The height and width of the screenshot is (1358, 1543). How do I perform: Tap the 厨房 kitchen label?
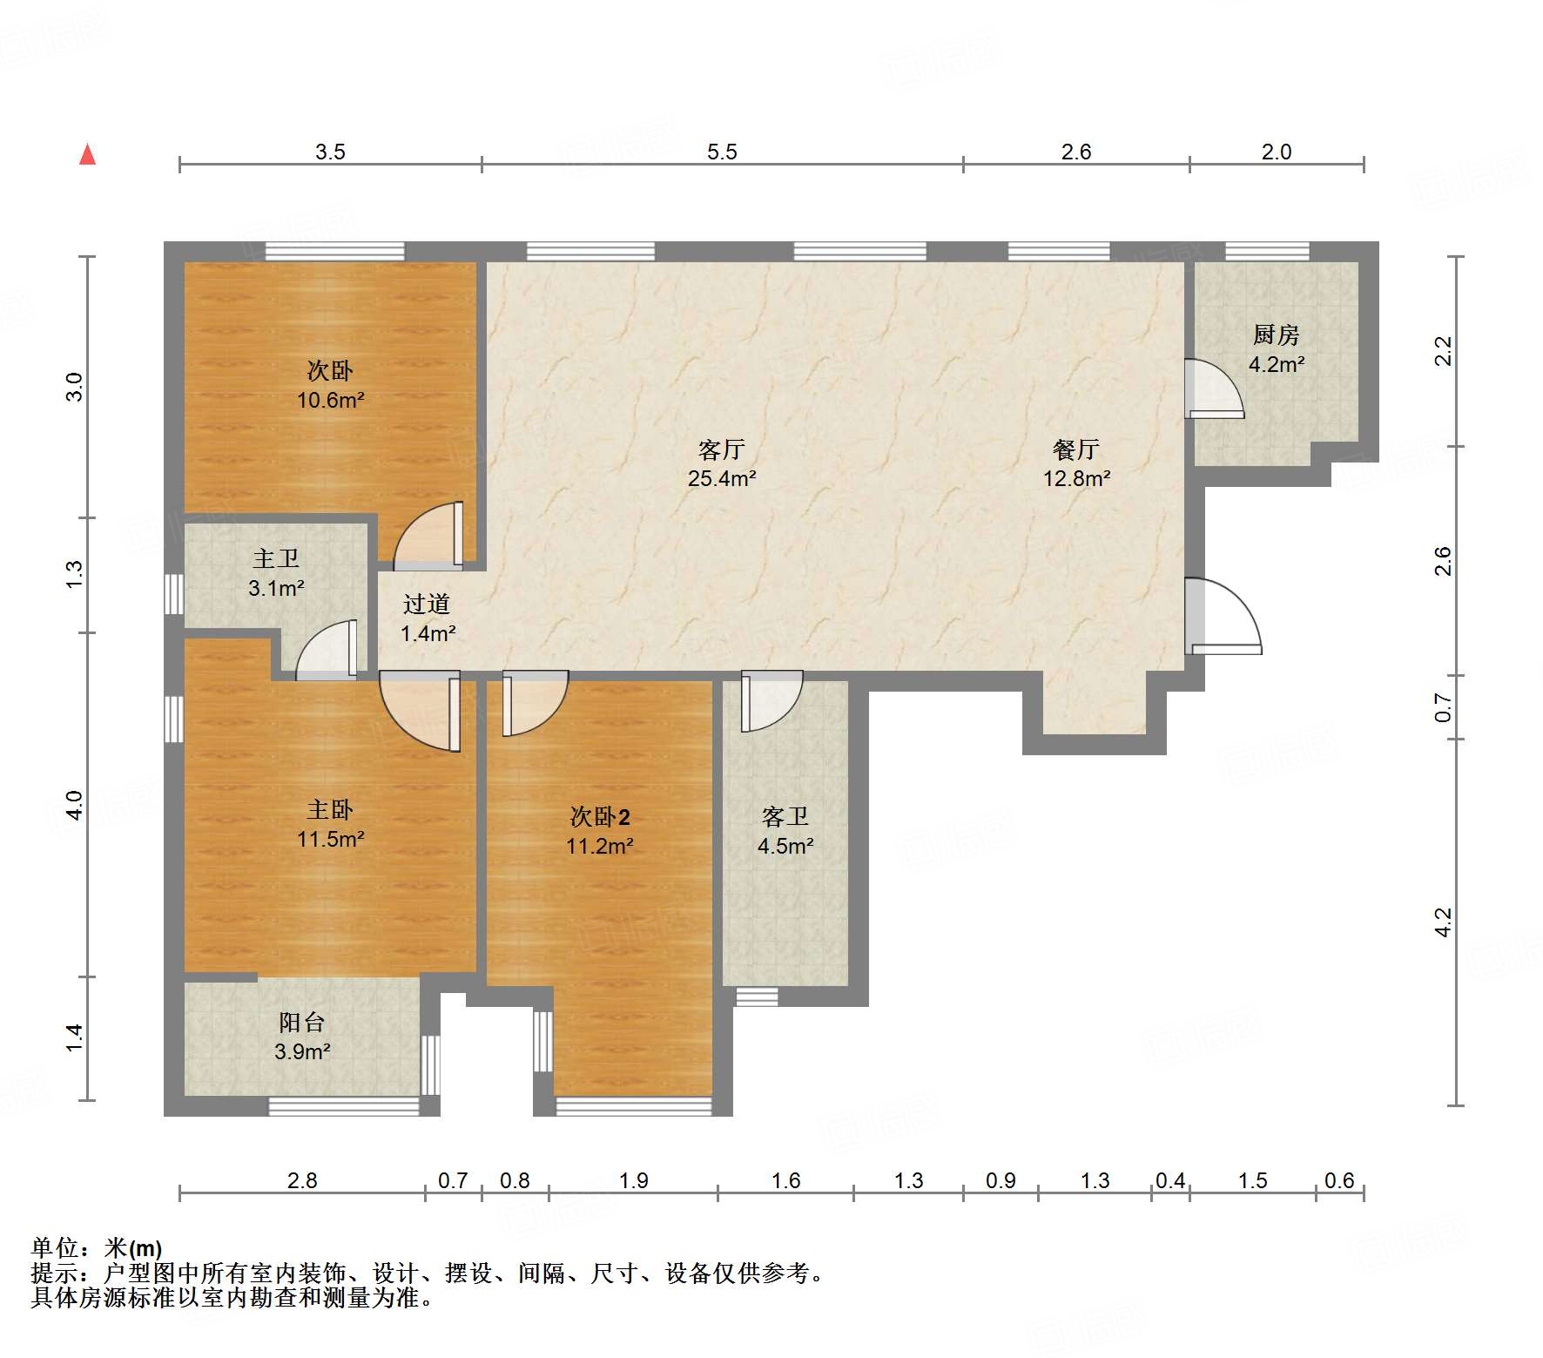[1276, 334]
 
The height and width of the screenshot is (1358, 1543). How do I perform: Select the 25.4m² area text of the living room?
[722, 478]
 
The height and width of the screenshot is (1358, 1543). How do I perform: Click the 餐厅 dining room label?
[1076, 449]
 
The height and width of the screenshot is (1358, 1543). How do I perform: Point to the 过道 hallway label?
[427, 605]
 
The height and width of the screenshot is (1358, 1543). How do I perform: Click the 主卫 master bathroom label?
[276, 558]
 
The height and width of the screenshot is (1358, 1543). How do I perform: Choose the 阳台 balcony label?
[302, 1023]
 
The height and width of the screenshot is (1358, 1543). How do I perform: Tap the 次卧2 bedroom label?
[599, 817]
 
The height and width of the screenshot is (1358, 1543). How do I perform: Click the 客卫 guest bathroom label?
[785, 817]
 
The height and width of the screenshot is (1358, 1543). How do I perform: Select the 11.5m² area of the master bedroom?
[330, 839]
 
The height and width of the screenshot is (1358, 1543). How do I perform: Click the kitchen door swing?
[1215, 388]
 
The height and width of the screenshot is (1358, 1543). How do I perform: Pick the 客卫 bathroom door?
[771, 700]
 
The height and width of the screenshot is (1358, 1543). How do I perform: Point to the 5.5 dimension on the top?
[722, 152]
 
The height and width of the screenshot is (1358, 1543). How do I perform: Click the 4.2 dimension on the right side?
[1443, 922]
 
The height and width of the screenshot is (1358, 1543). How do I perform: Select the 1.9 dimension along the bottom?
[634, 1180]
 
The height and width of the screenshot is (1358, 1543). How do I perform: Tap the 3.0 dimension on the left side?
[74, 387]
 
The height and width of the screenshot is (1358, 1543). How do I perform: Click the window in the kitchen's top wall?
[1267, 252]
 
